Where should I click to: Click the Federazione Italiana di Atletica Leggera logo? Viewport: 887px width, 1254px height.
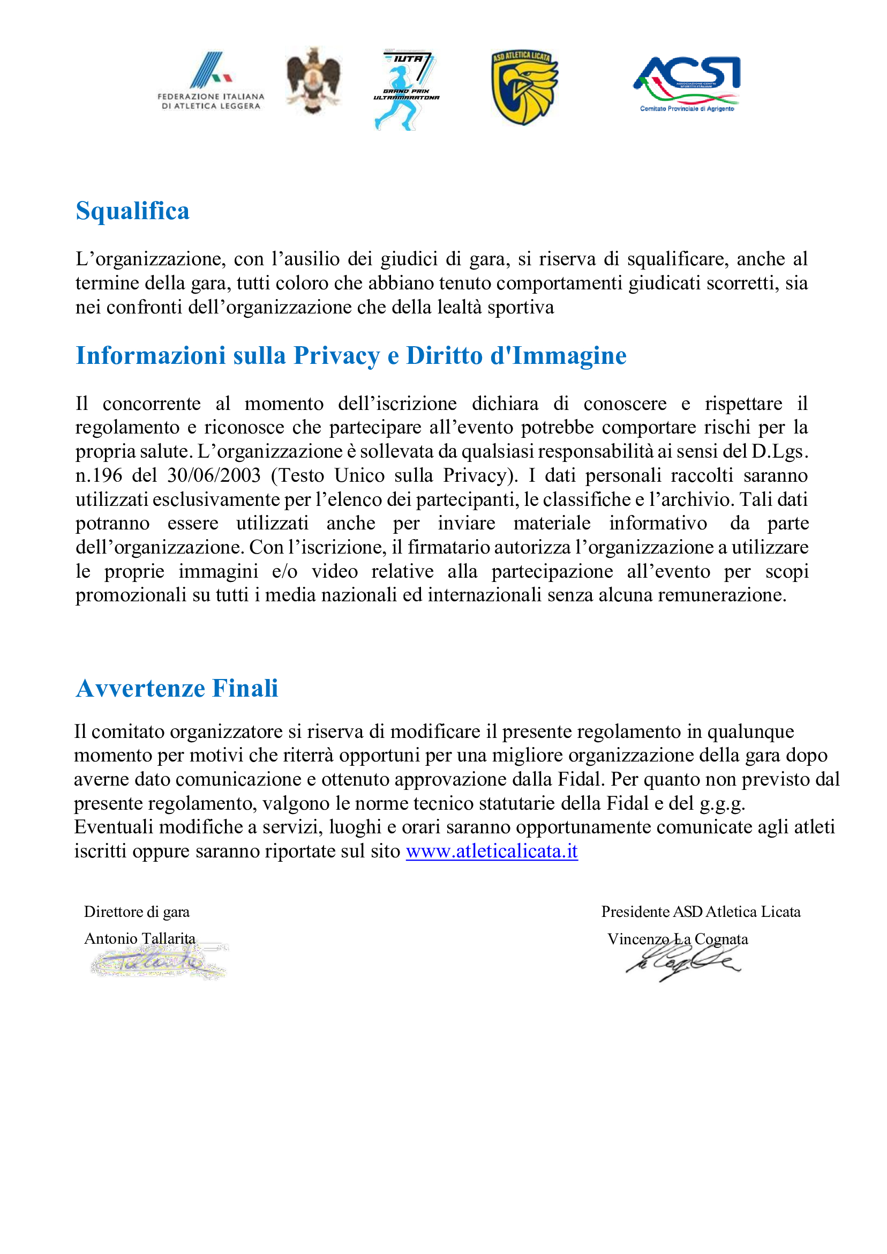(211, 82)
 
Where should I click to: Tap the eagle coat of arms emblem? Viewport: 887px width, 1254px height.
(313, 80)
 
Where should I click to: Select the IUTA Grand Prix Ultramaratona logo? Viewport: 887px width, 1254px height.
(406, 90)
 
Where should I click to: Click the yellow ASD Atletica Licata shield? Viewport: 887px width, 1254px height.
(524, 87)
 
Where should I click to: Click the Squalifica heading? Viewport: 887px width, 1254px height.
(133, 211)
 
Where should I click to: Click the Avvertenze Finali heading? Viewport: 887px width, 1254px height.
(177, 688)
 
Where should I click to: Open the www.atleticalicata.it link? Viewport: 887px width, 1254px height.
(492, 851)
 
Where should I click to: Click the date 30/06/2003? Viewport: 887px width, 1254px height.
(214, 475)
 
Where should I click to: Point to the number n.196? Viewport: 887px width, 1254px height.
(99, 475)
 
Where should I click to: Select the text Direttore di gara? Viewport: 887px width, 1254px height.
(137, 912)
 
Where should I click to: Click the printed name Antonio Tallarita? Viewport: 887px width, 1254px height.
(140, 938)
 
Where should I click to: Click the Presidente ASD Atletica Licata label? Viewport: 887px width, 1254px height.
(701, 912)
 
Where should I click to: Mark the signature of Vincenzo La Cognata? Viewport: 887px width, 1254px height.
(683, 964)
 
